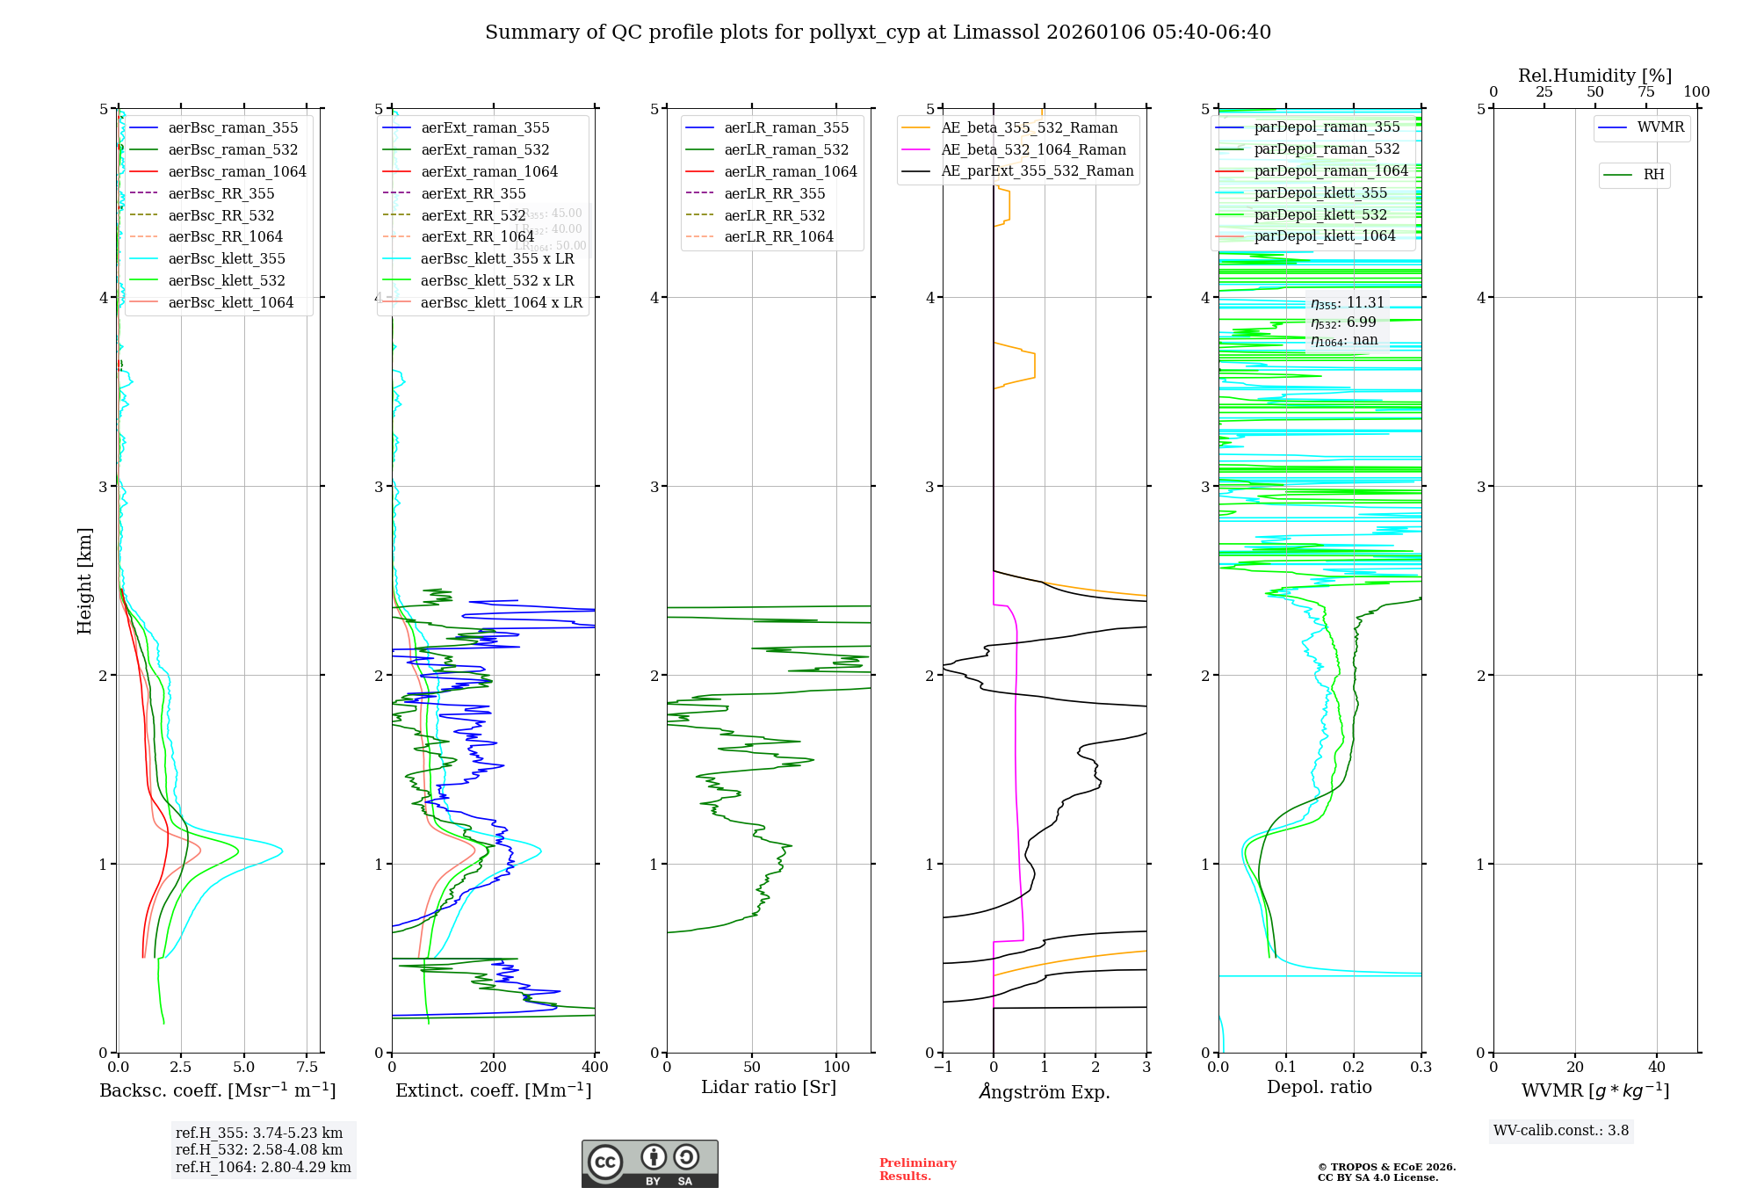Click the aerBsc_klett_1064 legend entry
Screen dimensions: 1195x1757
230,302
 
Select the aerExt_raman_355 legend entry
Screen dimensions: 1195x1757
485,128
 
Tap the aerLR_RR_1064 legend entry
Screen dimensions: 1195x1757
778,236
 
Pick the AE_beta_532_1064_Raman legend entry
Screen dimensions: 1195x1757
1033,149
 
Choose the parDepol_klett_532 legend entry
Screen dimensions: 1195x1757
1320,214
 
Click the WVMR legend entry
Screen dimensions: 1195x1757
1660,127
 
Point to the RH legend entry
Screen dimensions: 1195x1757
1653,175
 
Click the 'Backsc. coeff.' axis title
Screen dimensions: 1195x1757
218,1090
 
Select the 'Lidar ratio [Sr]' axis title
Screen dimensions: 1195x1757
769,1087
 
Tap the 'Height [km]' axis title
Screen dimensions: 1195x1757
84,581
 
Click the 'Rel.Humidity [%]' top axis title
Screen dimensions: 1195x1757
1594,76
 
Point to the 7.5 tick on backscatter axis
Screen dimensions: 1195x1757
307,1068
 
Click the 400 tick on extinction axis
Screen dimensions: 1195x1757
595,1068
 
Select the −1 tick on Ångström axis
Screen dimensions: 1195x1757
943,1068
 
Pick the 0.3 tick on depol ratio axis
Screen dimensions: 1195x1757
1421,1068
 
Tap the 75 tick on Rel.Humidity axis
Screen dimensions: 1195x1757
1645,92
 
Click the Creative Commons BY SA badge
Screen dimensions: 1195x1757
649,1164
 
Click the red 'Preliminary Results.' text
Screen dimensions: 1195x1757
917,1170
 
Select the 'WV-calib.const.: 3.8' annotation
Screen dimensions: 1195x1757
1561,1131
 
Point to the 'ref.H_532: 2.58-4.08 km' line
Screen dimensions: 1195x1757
259,1150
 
